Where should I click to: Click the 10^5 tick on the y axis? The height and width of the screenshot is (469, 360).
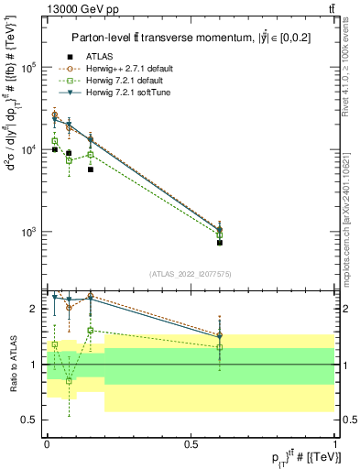tap(27, 68)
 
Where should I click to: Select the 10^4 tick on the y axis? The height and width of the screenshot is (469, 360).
tap(27, 149)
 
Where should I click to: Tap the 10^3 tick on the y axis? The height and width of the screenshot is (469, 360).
tap(27, 231)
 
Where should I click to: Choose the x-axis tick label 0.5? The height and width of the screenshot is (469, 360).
tap(191, 442)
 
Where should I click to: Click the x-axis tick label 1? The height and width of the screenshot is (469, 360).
tap(334, 442)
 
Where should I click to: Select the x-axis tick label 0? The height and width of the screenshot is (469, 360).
tap(47, 442)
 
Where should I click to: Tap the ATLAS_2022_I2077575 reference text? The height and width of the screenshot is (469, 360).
tap(191, 274)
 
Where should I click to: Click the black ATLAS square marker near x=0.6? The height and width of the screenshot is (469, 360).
tap(219, 243)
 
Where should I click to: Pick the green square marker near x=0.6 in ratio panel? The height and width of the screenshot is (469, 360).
tap(219, 347)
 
